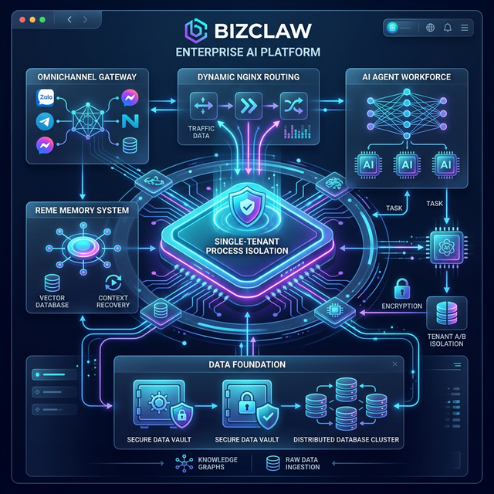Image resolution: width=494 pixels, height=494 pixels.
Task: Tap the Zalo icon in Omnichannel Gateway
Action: [x=45, y=99]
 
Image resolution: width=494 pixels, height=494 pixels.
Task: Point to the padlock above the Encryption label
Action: [x=401, y=289]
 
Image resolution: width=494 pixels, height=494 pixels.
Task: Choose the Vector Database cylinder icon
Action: [x=53, y=283]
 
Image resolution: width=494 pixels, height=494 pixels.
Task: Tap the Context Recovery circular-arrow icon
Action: [x=113, y=283]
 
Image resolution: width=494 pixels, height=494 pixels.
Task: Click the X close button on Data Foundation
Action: [x=395, y=364]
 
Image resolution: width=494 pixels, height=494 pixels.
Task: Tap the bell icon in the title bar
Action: [x=448, y=29]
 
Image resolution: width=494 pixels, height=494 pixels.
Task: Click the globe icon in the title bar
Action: [x=430, y=29]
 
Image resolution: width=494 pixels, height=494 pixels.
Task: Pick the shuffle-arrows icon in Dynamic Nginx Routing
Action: [x=291, y=104]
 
